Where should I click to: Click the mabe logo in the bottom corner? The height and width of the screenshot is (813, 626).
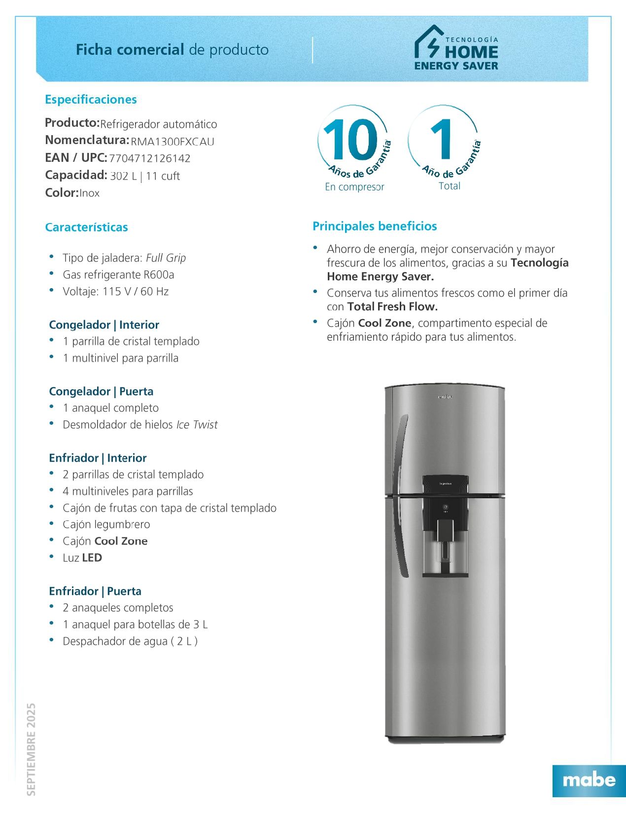(x=589, y=780)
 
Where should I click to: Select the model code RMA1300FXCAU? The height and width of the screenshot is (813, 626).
(x=173, y=142)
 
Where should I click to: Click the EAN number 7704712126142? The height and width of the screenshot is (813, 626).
(x=150, y=158)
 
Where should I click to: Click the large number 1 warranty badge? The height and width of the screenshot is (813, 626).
(x=442, y=140)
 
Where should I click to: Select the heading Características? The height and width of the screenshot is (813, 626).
(x=86, y=227)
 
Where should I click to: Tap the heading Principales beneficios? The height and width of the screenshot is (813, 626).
(x=375, y=226)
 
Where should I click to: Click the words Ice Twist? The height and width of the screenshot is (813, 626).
(x=197, y=425)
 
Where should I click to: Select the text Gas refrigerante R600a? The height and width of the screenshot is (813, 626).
(x=118, y=275)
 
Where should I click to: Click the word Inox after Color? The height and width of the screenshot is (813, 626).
(x=90, y=193)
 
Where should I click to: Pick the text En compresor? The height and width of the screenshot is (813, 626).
(x=354, y=187)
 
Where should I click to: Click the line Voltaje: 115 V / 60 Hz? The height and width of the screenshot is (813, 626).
(x=115, y=292)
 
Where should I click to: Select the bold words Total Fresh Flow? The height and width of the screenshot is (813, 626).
(x=392, y=307)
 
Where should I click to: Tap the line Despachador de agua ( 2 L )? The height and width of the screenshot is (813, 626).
(x=130, y=641)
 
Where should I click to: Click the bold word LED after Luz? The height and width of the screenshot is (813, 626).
(x=92, y=558)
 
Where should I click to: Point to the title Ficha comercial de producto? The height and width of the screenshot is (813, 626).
(x=172, y=50)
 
